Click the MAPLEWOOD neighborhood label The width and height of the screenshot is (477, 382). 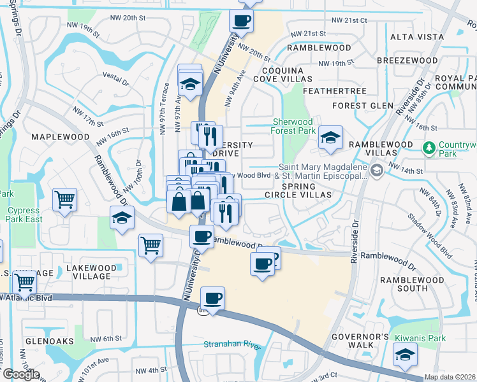click(60, 137)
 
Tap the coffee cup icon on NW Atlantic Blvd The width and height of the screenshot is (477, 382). click(213, 298)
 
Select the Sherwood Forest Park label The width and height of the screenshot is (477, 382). click(293, 126)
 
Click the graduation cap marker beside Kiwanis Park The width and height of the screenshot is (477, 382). click(405, 355)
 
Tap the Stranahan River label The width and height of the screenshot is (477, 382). click(233, 345)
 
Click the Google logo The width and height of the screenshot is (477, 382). click(20, 374)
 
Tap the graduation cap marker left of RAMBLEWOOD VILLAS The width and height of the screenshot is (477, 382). click(330, 139)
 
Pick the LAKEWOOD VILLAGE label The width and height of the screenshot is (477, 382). click(91, 272)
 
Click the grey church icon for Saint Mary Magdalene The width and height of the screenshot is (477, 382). click(377, 169)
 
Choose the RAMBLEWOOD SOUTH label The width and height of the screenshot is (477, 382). click(413, 284)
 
